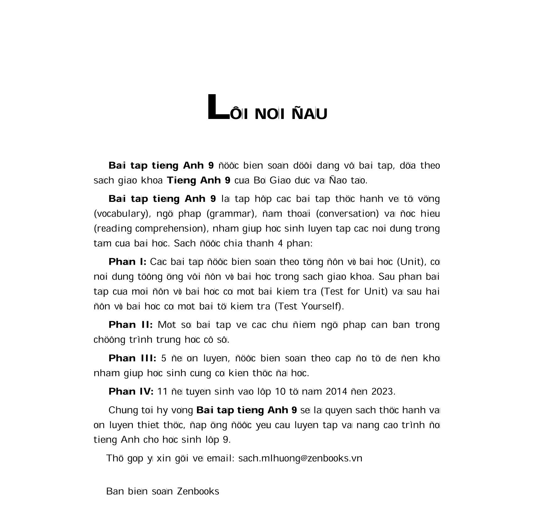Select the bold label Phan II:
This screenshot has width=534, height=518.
click(130, 325)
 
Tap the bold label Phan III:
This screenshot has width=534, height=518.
click(132, 358)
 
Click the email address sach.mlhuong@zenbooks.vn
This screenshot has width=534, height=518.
click(300, 458)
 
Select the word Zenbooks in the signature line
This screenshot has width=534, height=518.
click(198, 491)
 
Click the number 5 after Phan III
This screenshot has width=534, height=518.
click(163, 358)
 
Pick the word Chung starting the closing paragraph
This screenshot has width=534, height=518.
click(120, 410)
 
